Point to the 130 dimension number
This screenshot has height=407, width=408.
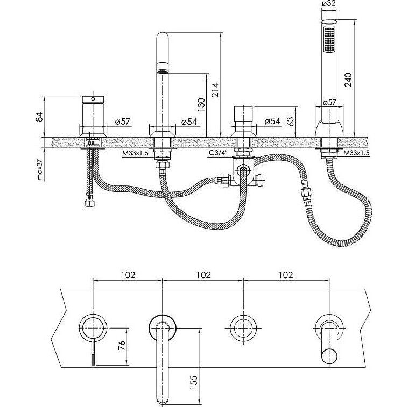click(200, 104)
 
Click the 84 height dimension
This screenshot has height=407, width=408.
click(38, 116)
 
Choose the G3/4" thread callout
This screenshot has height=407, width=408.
click(219, 153)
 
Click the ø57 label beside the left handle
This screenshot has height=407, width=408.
click(122, 122)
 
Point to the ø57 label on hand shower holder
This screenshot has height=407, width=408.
click(329, 102)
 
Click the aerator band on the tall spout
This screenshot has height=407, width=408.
click(162, 67)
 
